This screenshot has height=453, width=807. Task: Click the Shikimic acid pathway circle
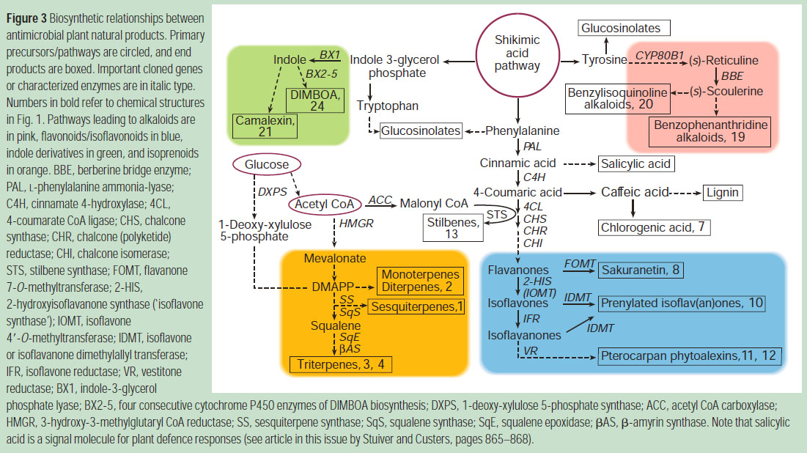pos(518,56)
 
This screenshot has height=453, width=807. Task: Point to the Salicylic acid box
pos(636,163)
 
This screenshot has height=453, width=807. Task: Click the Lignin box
pos(723,193)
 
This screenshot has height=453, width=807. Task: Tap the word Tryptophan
pos(388,106)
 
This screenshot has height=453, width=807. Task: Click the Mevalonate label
pos(328,259)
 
